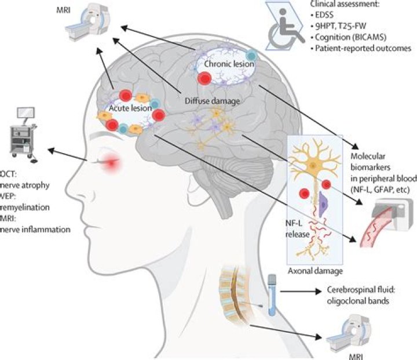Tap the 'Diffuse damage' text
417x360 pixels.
[x=202, y=100]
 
